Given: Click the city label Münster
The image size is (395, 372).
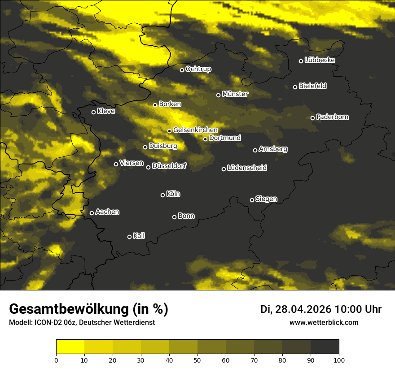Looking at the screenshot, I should point(235,94).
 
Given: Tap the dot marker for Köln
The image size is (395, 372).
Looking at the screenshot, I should point(162,195).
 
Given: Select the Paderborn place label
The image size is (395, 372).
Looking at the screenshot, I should point(333,117).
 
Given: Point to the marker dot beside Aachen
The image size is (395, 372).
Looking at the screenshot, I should point(92,213).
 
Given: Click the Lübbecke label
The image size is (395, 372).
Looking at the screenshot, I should point(320,60).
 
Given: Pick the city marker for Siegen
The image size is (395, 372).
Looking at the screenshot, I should point(252,200).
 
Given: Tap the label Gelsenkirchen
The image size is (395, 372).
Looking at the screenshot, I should point(195,130).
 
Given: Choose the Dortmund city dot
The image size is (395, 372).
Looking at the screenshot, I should point(205,139).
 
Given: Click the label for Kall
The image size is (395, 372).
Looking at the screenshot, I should point(139,236).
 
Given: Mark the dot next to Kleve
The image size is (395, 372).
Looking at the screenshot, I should point(93,112).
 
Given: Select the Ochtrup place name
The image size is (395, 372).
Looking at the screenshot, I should point(198,69).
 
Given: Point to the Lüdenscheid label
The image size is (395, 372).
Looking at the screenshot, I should point(247,168).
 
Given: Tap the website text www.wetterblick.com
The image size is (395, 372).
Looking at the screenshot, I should point(324,322).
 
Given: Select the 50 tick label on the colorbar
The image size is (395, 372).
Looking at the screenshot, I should point(197,359).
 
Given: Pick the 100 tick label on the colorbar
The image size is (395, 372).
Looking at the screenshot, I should point(339,359).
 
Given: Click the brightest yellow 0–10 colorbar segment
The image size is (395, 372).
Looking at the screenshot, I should point(70,346).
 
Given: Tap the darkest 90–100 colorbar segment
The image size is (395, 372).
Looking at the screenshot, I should point(325,346).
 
